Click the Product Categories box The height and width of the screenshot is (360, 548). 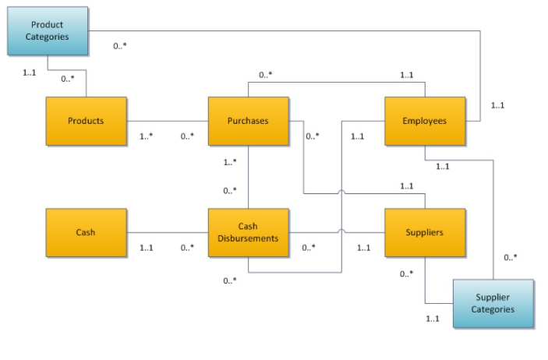point(47,31)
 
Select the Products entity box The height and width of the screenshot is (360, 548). point(86,122)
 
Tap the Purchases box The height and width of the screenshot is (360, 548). point(248,122)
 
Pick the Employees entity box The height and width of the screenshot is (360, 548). point(425,122)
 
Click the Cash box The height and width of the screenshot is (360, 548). point(86,232)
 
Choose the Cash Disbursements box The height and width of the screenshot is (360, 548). point(248,232)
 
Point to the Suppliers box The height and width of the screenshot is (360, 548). point(425,232)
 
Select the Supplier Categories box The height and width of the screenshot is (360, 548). point(494,304)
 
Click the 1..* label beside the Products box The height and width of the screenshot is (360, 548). point(146,136)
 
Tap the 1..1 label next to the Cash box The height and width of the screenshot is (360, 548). point(146,248)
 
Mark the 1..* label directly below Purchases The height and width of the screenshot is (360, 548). point(230,162)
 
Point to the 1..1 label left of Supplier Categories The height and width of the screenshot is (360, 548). point(433,318)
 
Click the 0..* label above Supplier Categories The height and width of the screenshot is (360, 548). point(510,257)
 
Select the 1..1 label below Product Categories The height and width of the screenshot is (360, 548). point(30,72)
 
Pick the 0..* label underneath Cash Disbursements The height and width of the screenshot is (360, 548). point(229,281)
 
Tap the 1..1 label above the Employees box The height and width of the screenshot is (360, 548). point(406,76)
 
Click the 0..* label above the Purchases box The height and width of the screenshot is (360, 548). point(265,76)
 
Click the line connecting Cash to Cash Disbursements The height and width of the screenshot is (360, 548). point(167,232)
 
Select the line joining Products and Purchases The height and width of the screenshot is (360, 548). point(167,122)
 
